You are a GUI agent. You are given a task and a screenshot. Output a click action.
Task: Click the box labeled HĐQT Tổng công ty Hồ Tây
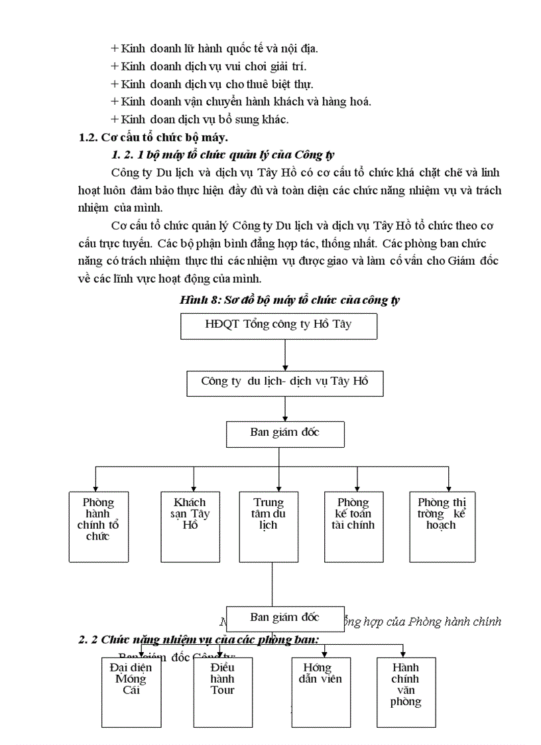278,326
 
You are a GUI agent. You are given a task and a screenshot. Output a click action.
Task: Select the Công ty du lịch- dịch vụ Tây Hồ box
284,382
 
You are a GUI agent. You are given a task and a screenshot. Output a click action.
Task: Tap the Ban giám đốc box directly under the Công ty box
284,433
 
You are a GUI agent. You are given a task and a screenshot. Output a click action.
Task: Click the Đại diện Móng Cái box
131,691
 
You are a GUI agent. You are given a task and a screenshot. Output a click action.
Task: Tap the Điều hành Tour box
222,691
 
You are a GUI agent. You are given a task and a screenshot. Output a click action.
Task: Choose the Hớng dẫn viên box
322,691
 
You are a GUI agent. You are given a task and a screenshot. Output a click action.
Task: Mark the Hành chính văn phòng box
406,691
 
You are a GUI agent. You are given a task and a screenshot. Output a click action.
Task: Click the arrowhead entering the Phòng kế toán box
357,486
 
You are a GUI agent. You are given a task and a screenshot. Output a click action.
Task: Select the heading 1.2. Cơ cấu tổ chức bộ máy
153,137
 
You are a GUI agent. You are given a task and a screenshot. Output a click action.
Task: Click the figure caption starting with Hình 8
290,300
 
